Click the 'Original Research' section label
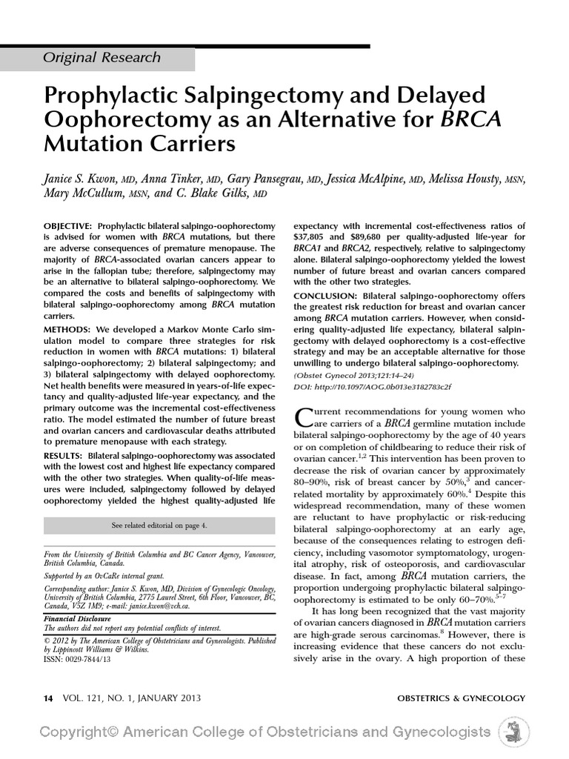(x=102, y=57)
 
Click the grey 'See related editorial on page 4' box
(x=159, y=526)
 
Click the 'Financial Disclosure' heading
(x=77, y=618)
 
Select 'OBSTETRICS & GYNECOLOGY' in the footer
(x=461, y=697)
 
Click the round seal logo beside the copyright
(x=513, y=733)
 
